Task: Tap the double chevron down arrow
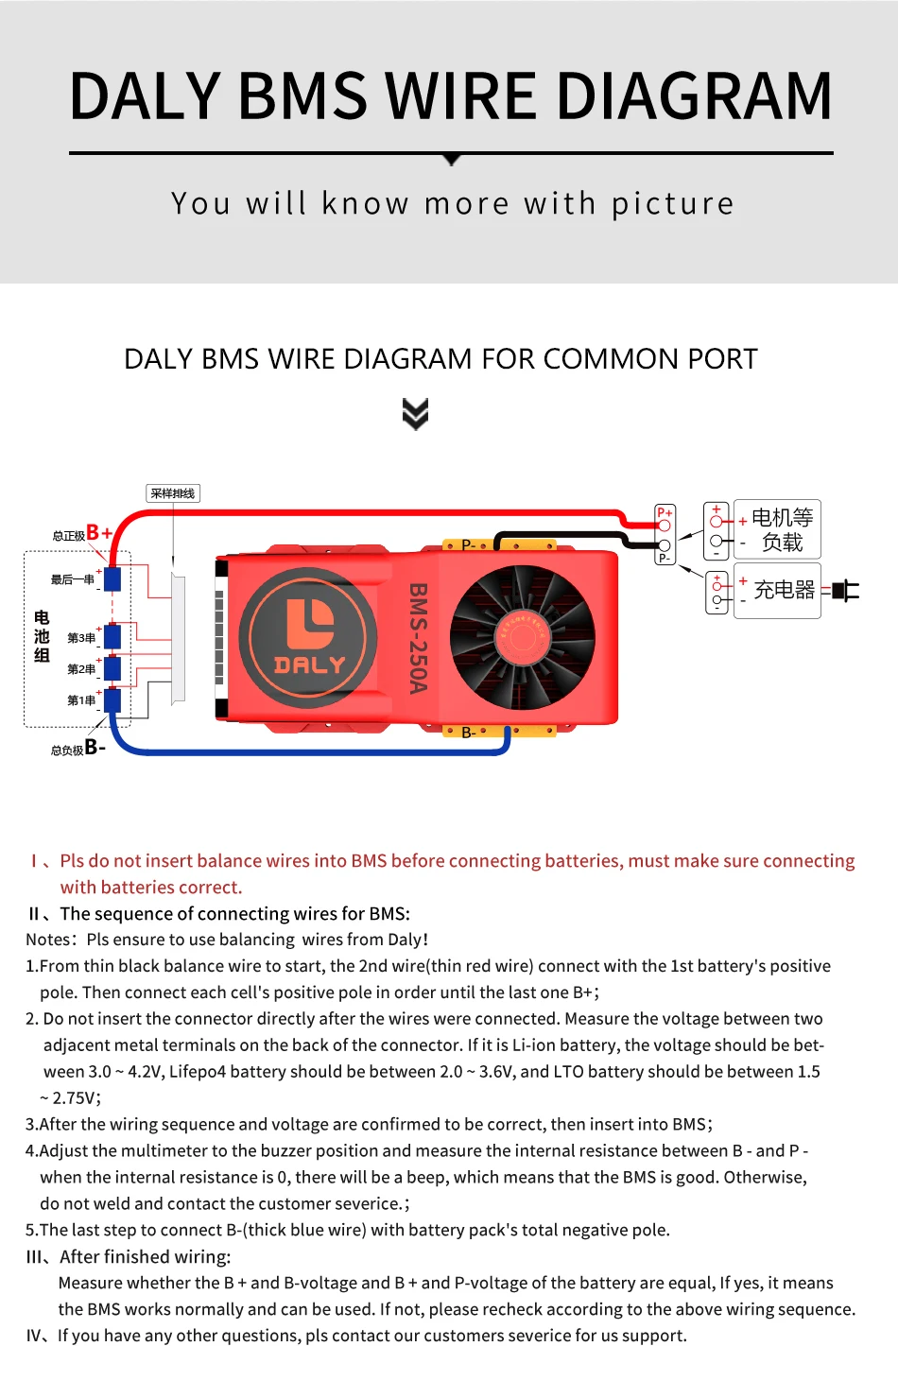(415, 413)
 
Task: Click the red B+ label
(99, 532)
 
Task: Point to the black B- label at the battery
(95, 747)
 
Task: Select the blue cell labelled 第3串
(112, 636)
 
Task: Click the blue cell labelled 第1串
(112, 700)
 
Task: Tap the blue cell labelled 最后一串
(112, 578)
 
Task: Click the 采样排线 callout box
(173, 493)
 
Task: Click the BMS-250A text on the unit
(418, 637)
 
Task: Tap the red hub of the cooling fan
(523, 636)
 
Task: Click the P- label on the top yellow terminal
(469, 545)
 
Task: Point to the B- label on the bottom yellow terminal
(469, 733)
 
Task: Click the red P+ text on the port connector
(665, 512)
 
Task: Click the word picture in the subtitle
(672, 204)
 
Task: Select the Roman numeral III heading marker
(35, 1257)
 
